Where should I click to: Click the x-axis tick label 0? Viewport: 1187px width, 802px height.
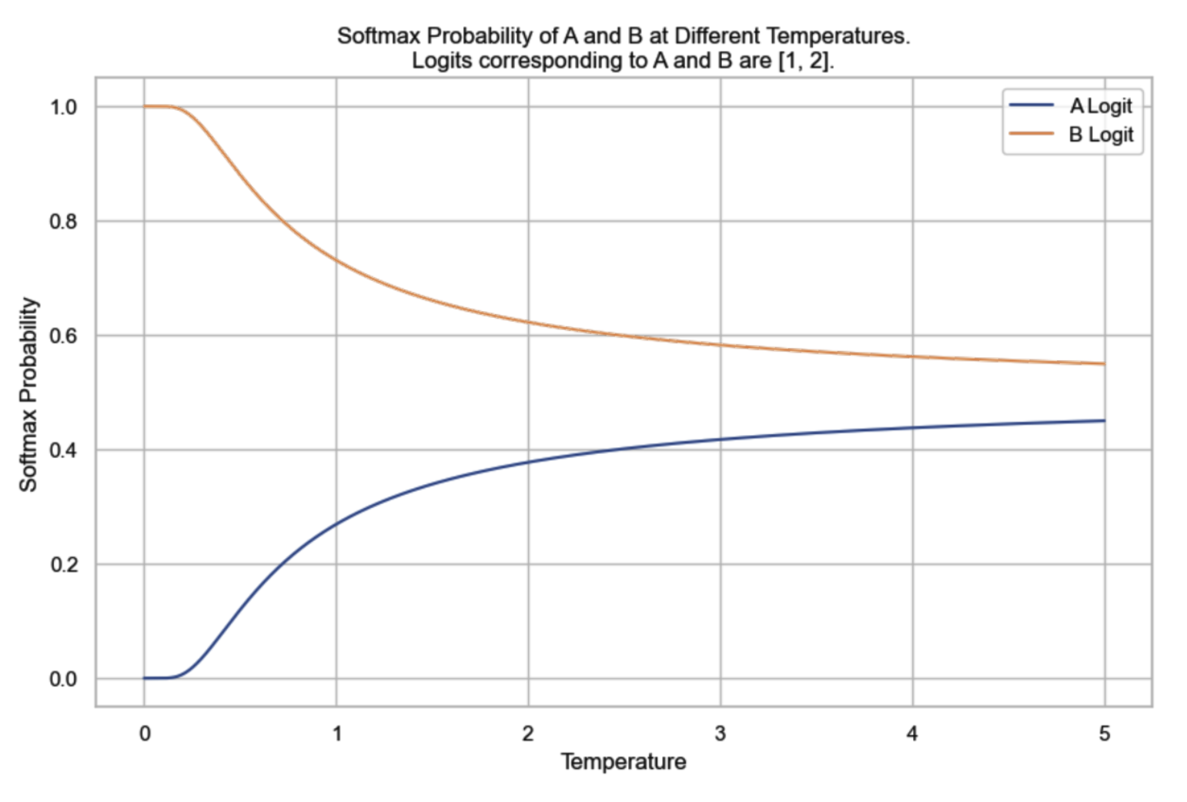pos(145,734)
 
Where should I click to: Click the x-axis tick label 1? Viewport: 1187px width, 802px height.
pos(336,734)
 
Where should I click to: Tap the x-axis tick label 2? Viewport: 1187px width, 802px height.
pos(528,734)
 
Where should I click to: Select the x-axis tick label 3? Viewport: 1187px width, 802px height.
pos(721,734)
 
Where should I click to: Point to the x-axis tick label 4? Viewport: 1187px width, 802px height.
pos(912,734)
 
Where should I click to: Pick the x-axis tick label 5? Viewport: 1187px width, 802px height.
pos(1105,734)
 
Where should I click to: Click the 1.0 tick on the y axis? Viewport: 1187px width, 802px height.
pos(64,107)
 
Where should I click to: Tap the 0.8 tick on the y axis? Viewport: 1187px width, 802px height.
pos(64,222)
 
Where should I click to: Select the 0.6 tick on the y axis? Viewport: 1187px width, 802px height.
pos(64,336)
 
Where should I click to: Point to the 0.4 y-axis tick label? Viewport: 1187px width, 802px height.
pos(64,450)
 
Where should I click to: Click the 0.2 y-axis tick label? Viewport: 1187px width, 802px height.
pos(64,565)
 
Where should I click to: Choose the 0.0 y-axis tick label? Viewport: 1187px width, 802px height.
pos(64,679)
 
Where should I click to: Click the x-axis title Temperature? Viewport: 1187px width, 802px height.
pos(624,762)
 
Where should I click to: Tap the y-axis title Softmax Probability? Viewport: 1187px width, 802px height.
pos(28,394)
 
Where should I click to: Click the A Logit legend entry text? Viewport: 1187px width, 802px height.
pos(1101,106)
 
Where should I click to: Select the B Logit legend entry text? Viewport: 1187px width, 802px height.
pos(1101,135)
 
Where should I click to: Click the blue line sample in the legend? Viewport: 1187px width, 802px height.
pos(1032,105)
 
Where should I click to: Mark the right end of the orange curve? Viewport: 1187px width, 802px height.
pos(1105,364)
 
